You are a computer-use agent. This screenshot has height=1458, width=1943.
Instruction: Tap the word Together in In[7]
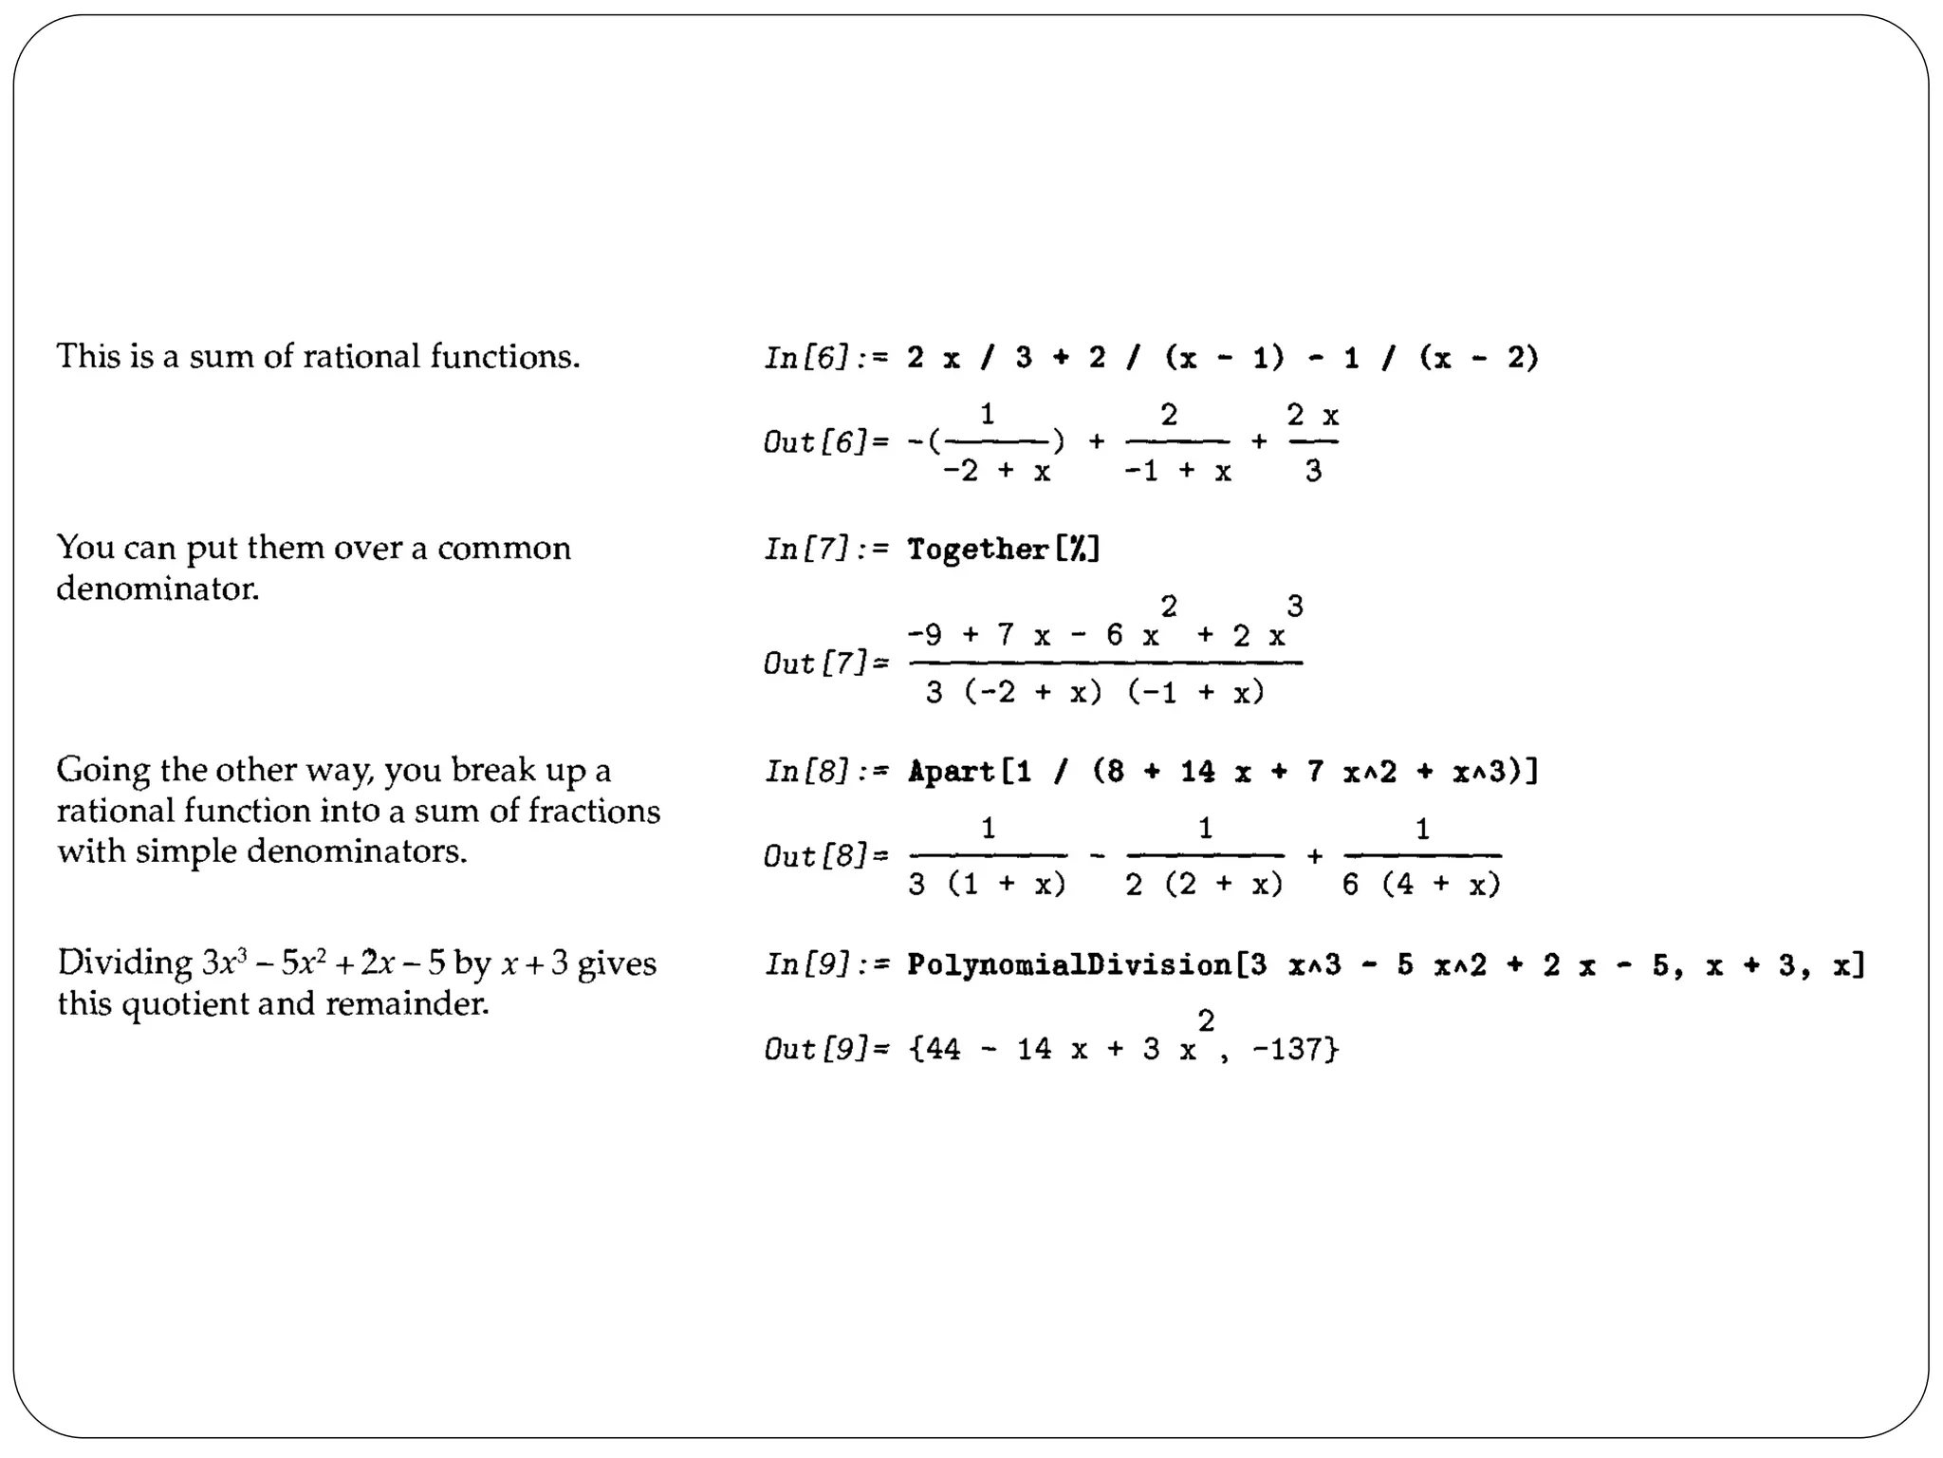(978, 550)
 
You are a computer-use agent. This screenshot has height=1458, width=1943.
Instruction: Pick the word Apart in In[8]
(951, 772)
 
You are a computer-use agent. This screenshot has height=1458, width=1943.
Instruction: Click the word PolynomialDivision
(1069, 965)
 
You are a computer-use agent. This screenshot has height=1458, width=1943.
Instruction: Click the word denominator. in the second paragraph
(157, 589)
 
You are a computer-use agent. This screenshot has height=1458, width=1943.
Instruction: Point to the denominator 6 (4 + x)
(1421, 886)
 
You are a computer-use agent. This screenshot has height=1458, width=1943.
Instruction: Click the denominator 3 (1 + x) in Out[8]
(987, 886)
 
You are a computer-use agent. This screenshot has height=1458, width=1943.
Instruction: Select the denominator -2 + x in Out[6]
(996, 472)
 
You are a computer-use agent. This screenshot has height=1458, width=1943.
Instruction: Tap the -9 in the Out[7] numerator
(925, 635)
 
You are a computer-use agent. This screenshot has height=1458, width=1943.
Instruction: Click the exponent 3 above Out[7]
(1295, 606)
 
